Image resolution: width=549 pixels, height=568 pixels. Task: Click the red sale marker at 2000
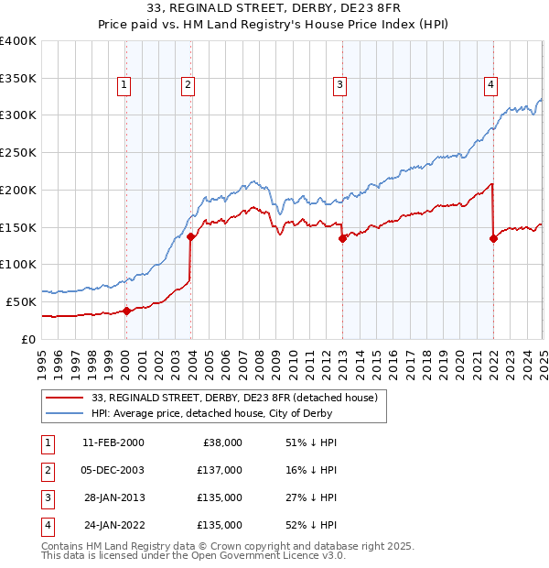point(126,311)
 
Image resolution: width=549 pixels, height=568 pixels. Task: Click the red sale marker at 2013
point(342,238)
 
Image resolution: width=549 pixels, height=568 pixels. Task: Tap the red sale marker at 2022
point(493,238)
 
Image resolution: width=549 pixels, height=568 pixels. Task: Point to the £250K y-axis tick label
point(18,152)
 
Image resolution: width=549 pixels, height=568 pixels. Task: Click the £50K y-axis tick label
point(22,301)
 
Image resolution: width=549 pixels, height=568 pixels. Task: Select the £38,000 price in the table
point(221,442)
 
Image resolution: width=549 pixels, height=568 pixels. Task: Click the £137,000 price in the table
point(221,470)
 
